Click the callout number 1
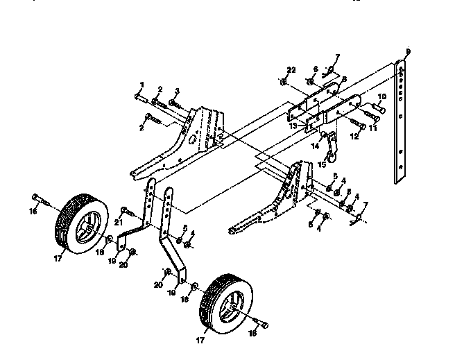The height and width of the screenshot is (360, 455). pyautogui.click(x=141, y=85)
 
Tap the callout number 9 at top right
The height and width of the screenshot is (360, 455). pyautogui.click(x=408, y=52)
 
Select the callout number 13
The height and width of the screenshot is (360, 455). pyautogui.click(x=292, y=126)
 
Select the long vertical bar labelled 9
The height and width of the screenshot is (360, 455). pyautogui.click(x=400, y=125)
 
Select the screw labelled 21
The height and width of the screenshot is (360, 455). pyautogui.click(x=126, y=209)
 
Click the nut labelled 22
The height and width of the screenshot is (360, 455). pyautogui.click(x=284, y=83)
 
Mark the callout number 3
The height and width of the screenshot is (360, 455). pyautogui.click(x=177, y=91)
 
